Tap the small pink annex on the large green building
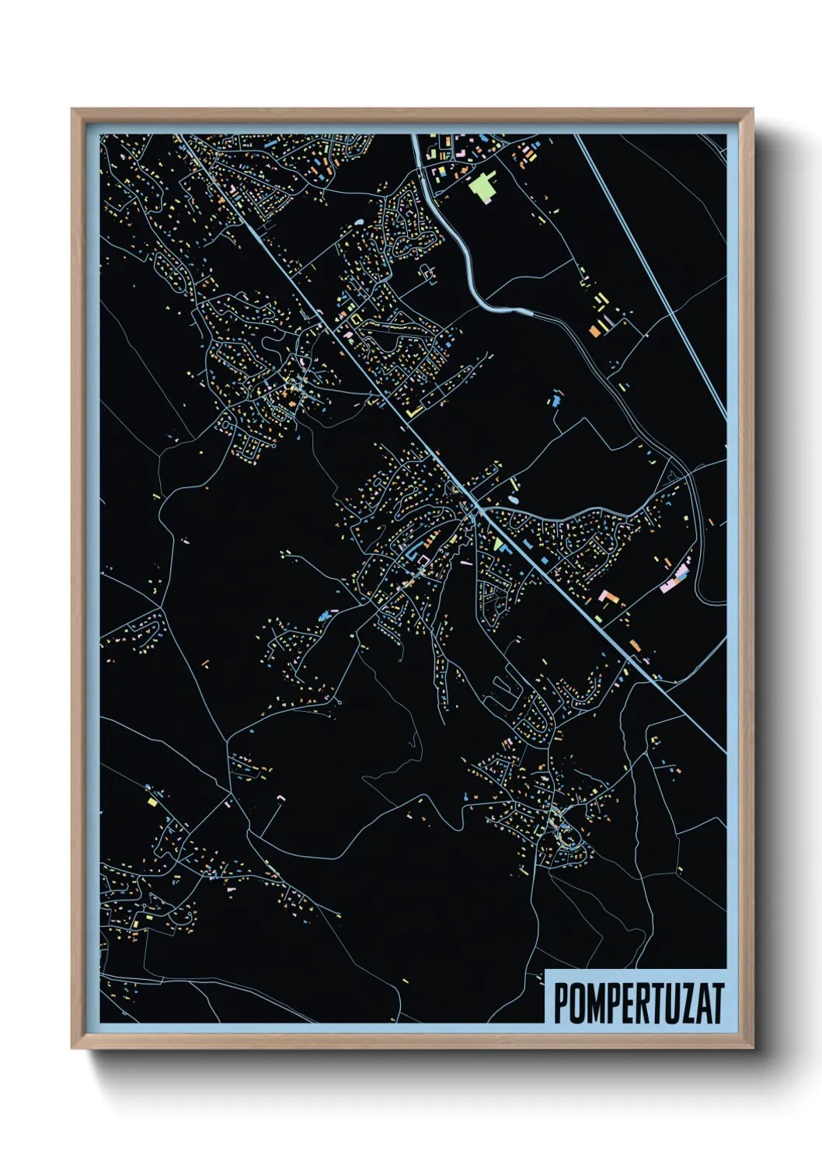point(490,199)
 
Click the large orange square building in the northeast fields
point(596,330)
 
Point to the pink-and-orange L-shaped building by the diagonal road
point(611,597)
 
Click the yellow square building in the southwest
point(152,801)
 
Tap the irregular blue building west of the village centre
point(323,616)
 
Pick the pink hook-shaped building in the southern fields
point(280,796)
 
